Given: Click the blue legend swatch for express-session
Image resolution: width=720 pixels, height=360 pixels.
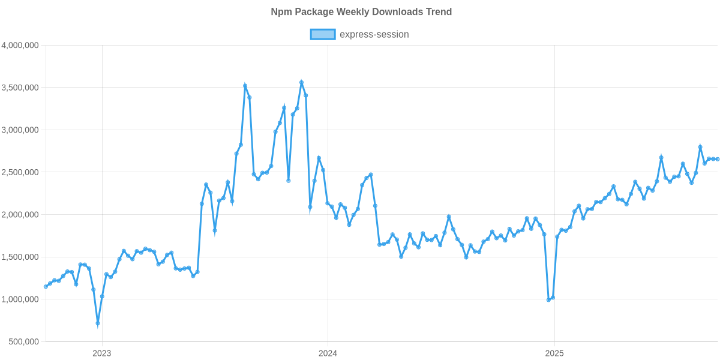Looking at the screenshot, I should pos(322,34).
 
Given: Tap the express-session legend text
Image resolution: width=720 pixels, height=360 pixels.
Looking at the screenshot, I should pos(374,34).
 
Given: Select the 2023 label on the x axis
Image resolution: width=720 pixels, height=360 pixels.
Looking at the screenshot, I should pos(101,353).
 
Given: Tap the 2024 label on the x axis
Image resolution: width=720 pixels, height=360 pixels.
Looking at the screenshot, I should pos(328,353).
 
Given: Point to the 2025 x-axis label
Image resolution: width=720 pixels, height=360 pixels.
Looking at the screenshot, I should pos(554,353).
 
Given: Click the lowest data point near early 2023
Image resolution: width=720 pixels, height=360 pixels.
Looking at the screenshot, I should pos(98,323).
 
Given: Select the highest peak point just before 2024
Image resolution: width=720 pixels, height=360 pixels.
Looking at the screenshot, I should pos(301,82).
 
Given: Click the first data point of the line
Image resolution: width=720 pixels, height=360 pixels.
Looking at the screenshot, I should pos(46,287).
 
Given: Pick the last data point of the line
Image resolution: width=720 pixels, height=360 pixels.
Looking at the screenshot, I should pos(718,159).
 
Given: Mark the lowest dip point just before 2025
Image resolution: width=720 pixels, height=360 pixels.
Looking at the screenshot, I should pos(548,299).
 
